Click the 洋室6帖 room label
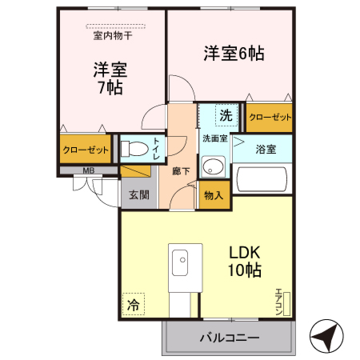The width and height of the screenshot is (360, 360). pyautogui.click(x=233, y=54)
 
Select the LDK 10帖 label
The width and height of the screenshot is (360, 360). pyautogui.click(x=245, y=262)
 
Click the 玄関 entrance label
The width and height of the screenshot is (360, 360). pyautogui.click(x=138, y=194)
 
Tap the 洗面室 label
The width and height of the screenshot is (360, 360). pyautogui.click(x=214, y=138)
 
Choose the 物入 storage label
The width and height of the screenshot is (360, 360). pyautogui.click(x=214, y=194)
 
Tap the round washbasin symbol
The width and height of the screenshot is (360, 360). pyautogui.click(x=212, y=166)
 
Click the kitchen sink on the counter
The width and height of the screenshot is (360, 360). pyautogui.click(x=180, y=262)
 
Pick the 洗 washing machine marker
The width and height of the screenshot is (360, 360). pyautogui.click(x=226, y=115)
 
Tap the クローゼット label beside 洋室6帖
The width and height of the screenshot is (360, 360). pyautogui.click(x=269, y=117)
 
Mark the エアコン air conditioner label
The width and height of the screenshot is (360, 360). pyautogui.click(x=279, y=303)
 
